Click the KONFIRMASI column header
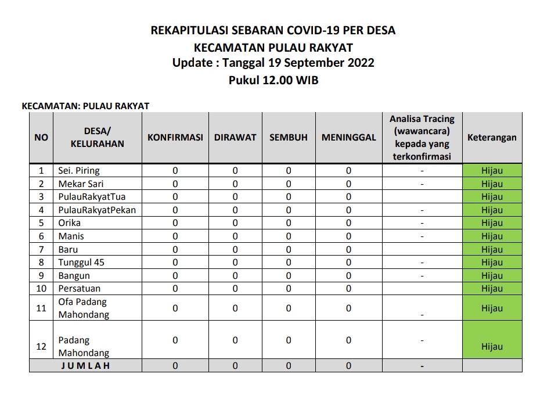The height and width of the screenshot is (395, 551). pos(175,138)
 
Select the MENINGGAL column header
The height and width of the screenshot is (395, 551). pos(348,138)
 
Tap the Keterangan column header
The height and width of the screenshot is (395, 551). pos(492,138)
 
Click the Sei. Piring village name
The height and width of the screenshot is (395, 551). pos(79,171)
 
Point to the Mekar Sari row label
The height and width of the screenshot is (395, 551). pos(81,184)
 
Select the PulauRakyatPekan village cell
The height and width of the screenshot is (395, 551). pos(97,210)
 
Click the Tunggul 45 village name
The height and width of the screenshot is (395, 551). pos(81,262)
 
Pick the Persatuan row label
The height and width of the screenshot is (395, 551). pos(80,288)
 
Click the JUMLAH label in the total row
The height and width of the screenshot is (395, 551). pos(86,366)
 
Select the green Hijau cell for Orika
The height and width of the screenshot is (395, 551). pos(492,223)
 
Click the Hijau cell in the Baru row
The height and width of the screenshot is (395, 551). pos(492,249)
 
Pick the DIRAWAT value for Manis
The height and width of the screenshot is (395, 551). pos(235,236)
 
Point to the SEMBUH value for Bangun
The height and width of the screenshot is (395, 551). pos(289,275)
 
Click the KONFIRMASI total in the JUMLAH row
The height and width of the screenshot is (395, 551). pos(175,366)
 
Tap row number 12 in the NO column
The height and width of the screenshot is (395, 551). pos(41,346)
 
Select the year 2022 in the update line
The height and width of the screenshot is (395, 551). pos(360,63)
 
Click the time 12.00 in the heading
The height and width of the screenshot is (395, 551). pos(278,80)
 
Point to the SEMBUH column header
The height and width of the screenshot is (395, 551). pos(289,138)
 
